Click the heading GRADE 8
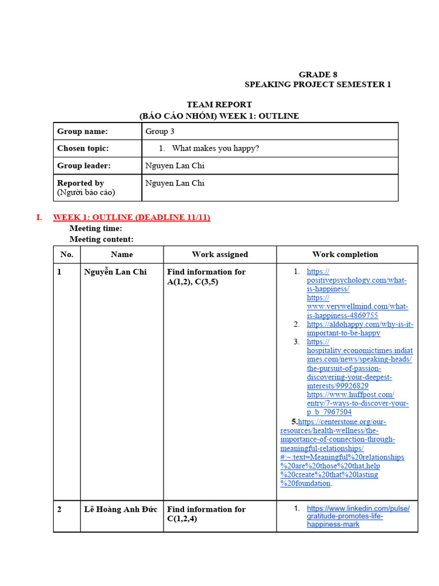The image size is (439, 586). [315, 74]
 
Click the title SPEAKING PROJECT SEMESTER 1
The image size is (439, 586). [318, 84]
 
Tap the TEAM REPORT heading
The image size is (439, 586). [219, 104]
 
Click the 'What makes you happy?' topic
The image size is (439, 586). [215, 148]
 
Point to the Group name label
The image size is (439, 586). [82, 131]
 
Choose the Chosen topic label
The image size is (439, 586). [83, 148]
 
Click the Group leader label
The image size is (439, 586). [83, 166]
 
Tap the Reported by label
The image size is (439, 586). [81, 183]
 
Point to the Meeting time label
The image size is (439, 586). [95, 228]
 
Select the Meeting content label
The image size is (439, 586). [101, 239]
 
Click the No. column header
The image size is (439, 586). [67, 254]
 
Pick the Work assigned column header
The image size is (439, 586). [219, 254]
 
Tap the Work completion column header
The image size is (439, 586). [345, 254]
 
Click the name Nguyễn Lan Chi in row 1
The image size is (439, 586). [115, 272]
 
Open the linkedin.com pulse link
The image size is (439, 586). [358, 508]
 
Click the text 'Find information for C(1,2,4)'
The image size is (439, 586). [206, 514]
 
